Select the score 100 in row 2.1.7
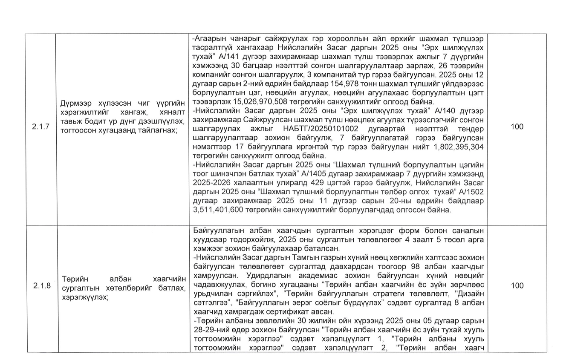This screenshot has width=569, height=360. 517,127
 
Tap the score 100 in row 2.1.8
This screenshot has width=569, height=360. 517,285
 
